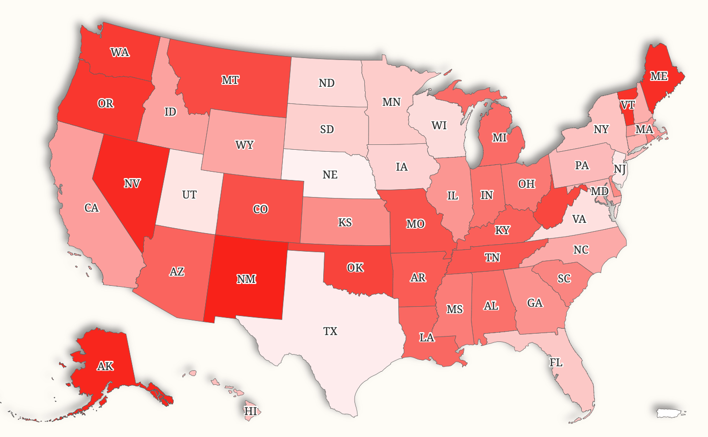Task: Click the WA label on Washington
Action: coord(120,52)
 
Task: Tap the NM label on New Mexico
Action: coord(246,279)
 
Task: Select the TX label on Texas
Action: coord(330,331)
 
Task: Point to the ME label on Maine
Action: coord(659,76)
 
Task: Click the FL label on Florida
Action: coord(556,362)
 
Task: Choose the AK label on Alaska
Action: coord(105,366)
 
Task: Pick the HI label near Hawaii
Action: coord(251,411)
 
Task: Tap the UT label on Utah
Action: coord(189,195)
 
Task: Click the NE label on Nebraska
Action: coord(330,175)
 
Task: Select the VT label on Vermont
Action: coord(628,105)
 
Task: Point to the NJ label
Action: coord(620,169)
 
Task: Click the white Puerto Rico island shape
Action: coord(670,413)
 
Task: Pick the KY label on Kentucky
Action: coord(502,230)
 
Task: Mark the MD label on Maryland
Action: coord(600,191)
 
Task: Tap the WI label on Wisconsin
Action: coord(439,125)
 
